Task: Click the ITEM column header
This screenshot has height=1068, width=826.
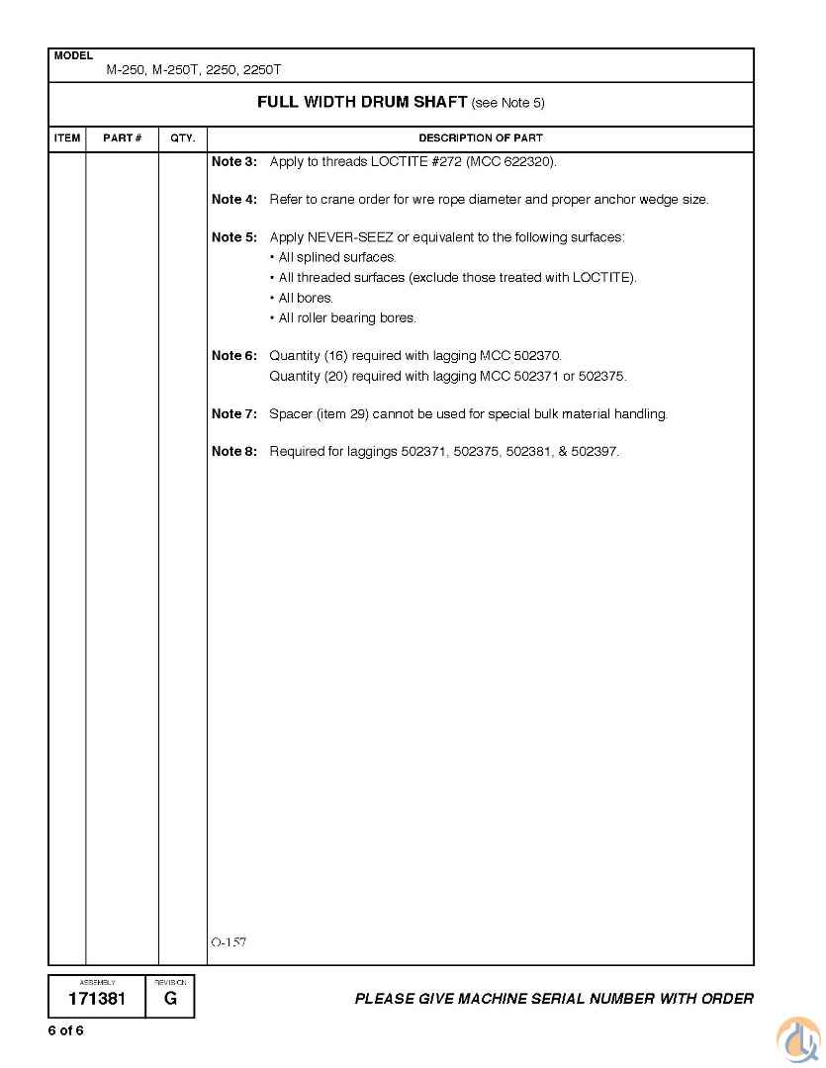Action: click(x=67, y=138)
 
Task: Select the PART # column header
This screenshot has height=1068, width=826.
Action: click(x=123, y=138)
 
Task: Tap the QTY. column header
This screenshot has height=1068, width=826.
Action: click(x=183, y=138)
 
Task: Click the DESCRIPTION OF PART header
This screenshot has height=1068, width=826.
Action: click(x=481, y=138)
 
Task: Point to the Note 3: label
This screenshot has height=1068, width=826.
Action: click(x=234, y=161)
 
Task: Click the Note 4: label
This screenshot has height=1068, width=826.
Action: click(x=234, y=200)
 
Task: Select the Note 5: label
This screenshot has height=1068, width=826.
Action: click(x=234, y=237)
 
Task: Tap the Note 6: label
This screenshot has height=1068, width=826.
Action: click(x=234, y=356)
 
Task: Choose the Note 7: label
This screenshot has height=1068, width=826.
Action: click(x=234, y=414)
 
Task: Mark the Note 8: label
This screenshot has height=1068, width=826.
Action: click(x=234, y=452)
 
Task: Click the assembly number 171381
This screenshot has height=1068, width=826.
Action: click(x=97, y=999)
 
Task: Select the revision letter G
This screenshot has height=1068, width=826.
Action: click(x=171, y=999)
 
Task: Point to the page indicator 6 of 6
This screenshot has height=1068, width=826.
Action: click(x=66, y=1030)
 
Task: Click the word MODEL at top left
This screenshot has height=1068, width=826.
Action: click(x=73, y=56)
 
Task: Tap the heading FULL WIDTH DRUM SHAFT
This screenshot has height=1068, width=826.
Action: click(x=362, y=102)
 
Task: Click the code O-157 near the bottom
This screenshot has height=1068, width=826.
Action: click(x=229, y=942)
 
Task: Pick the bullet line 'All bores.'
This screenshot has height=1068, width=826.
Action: click(x=305, y=298)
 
